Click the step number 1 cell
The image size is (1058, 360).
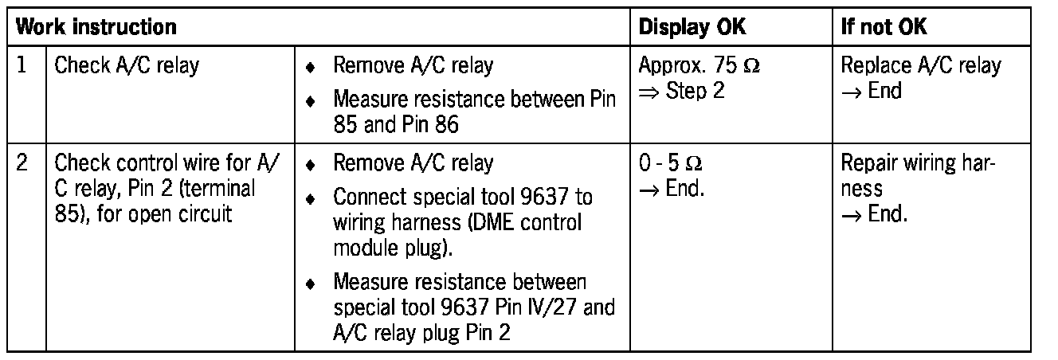[x=23, y=65]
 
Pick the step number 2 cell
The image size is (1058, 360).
[x=24, y=164]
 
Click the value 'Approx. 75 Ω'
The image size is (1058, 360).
[x=699, y=65]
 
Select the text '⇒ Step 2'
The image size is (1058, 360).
[x=682, y=91]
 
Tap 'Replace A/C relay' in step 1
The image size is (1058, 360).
[x=920, y=65]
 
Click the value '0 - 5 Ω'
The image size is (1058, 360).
[x=670, y=164]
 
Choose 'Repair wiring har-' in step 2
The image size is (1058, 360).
[x=918, y=164]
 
